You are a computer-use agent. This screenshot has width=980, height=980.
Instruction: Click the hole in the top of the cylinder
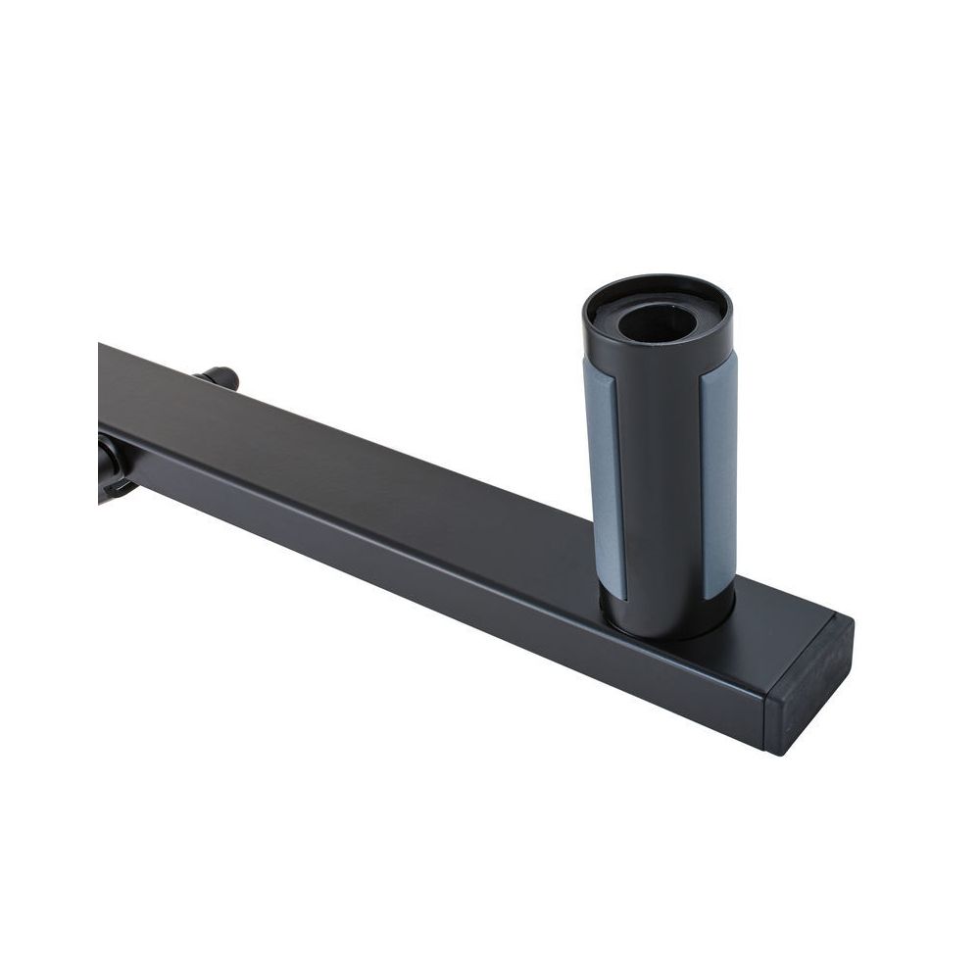[x=656, y=321]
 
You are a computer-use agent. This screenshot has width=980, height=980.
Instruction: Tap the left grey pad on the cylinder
[x=603, y=475]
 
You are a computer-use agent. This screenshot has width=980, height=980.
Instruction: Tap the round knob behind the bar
[x=220, y=376]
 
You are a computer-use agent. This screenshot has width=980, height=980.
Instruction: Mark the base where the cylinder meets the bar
[x=666, y=627]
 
